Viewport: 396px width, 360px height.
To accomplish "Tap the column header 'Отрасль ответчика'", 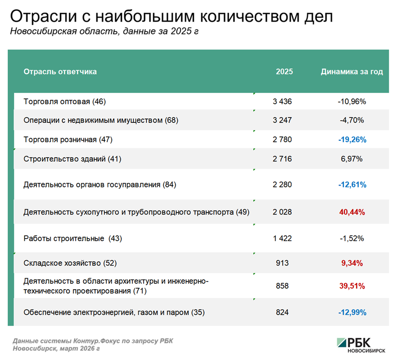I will [60, 72].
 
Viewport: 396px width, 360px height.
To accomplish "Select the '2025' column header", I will [284, 72].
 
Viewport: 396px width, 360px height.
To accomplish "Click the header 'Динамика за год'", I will [352, 72].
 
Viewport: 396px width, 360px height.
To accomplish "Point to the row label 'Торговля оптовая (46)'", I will [65, 102].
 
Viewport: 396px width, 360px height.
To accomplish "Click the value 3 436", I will [282, 102].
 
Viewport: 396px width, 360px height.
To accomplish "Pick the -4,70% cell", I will [352, 120].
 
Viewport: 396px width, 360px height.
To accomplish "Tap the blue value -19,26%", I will [352, 140].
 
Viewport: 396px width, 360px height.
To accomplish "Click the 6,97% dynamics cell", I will [352, 159].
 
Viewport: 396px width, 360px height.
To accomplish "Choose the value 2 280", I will [282, 185].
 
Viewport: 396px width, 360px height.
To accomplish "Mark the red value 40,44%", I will [352, 212].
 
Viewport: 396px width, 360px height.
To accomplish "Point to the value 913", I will [282, 263].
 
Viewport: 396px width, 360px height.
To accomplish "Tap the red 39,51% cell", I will [352, 286].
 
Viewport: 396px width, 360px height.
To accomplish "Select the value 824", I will [282, 312].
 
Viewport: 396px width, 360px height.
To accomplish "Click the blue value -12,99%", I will [352, 312].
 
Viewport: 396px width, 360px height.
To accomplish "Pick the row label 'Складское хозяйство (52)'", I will [70, 263].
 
